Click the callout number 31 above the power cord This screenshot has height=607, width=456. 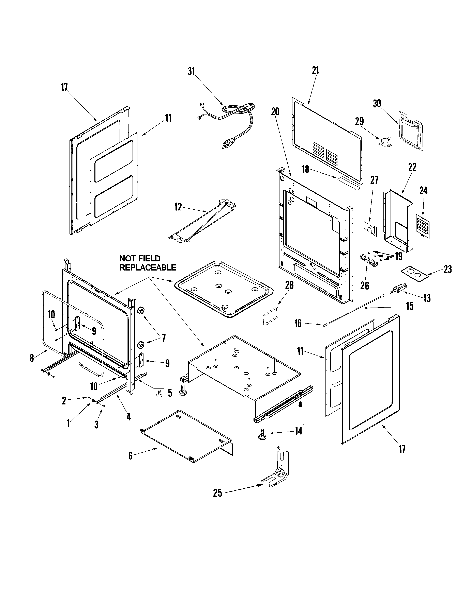point(191,71)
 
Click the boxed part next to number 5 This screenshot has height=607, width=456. point(159,394)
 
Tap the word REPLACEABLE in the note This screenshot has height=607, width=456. point(148,267)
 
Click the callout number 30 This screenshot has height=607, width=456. point(377,104)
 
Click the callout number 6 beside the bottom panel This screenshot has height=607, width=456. point(130,456)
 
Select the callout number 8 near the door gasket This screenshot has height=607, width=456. point(32,358)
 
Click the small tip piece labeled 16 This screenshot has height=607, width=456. point(325,325)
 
